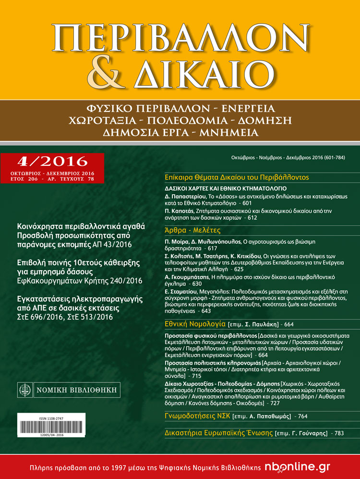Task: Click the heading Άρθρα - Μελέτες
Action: click(x=189, y=231)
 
